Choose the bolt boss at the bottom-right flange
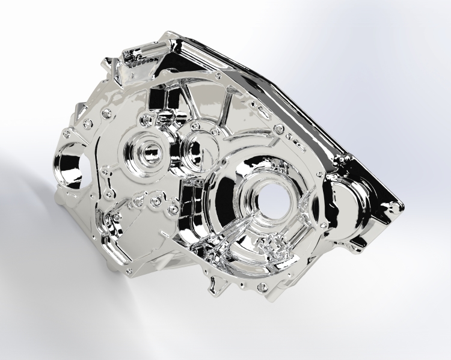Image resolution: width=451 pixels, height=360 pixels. click(262, 288)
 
